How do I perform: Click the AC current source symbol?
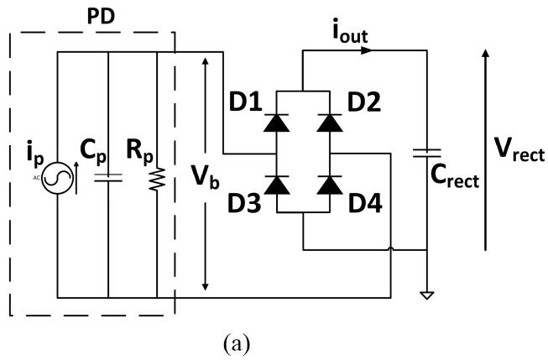57,178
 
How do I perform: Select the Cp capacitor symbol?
108,178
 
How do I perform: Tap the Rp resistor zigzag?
157,179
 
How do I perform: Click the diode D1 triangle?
276,123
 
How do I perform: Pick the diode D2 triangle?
330,123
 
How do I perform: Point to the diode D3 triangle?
276,185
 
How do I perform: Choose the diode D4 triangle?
330,185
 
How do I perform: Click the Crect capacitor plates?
426,153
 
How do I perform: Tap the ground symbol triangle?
426,295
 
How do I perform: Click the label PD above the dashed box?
101,17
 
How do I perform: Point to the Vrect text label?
519,149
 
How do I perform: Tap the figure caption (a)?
237,343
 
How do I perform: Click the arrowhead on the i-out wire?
366,50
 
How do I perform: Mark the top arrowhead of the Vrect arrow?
485,54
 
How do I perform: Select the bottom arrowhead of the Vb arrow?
206,286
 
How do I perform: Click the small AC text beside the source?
36,178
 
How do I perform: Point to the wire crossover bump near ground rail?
391,248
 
